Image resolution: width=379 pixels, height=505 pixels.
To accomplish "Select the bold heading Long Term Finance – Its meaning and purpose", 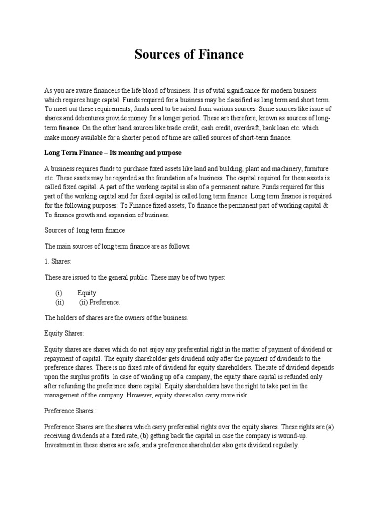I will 113,153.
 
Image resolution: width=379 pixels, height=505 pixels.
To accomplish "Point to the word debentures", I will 96,119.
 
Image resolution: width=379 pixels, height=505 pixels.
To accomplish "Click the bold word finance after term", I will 69,128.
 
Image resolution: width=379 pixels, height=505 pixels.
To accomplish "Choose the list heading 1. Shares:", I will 58,261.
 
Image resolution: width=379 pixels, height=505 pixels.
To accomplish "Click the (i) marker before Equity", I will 59,293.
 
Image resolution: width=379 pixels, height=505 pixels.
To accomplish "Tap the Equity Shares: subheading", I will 64,334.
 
